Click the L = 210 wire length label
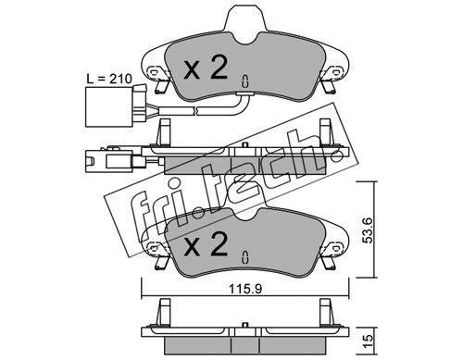109,79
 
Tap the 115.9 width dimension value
245,289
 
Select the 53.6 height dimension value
368,230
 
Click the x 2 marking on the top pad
206,67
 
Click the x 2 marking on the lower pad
206,244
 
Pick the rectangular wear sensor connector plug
115,106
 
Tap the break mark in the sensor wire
194,111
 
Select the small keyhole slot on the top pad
245,81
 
